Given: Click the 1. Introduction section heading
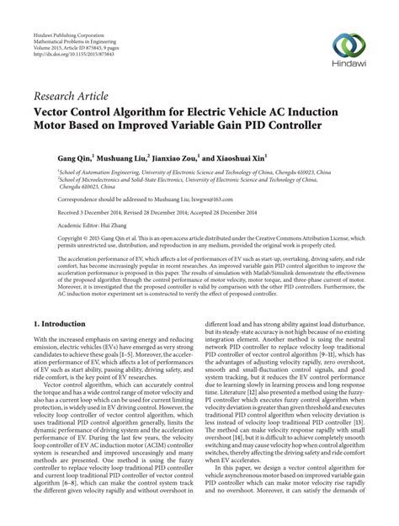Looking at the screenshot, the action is (x=66, y=323).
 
